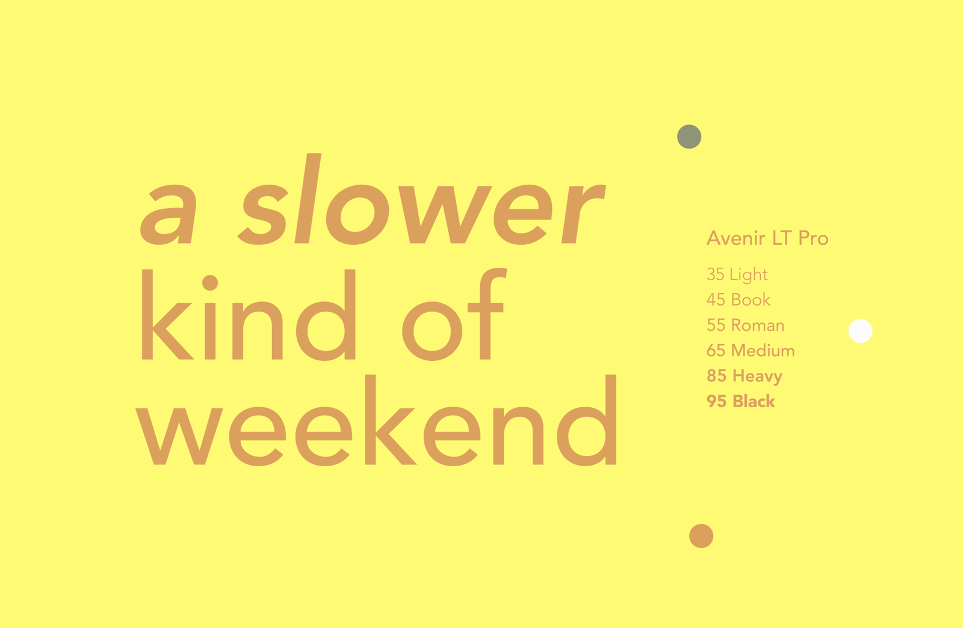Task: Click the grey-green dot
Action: (689, 137)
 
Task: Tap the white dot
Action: (860, 331)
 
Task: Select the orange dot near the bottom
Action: (701, 536)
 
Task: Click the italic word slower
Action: (421, 199)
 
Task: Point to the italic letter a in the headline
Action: (169, 214)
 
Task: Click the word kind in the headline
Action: (249, 315)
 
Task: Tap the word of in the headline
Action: (454, 315)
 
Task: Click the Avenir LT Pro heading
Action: (767, 238)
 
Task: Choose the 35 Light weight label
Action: (737, 275)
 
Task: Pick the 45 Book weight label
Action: (738, 300)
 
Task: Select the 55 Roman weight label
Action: (746, 325)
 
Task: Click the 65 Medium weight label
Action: (751, 351)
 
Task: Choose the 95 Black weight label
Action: (741, 401)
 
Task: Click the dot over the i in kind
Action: (210, 283)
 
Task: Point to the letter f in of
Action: (488, 313)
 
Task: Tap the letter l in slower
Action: (308, 199)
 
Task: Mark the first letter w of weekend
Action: (179, 437)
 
